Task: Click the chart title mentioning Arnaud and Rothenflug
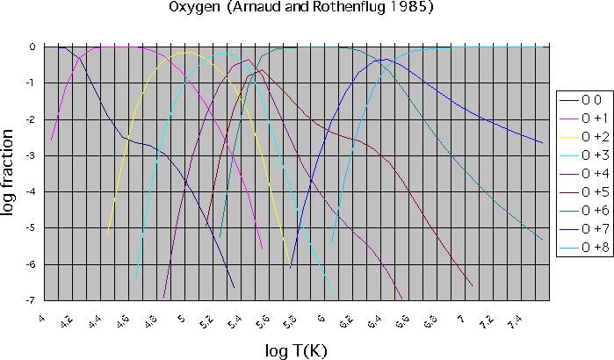point(301,8)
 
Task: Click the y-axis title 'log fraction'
point(11,173)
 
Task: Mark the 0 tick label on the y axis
point(31,47)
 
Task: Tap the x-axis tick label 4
point(42,317)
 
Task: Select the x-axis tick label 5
point(180,317)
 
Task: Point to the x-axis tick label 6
point(321,317)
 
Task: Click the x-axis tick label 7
point(459,317)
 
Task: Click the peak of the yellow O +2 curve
point(186,53)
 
